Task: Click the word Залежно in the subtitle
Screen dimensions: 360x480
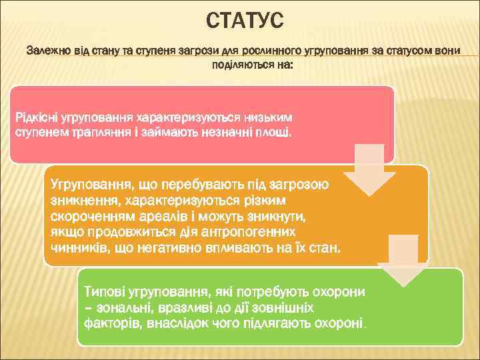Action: point(47,51)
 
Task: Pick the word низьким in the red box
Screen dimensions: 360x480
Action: point(272,117)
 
